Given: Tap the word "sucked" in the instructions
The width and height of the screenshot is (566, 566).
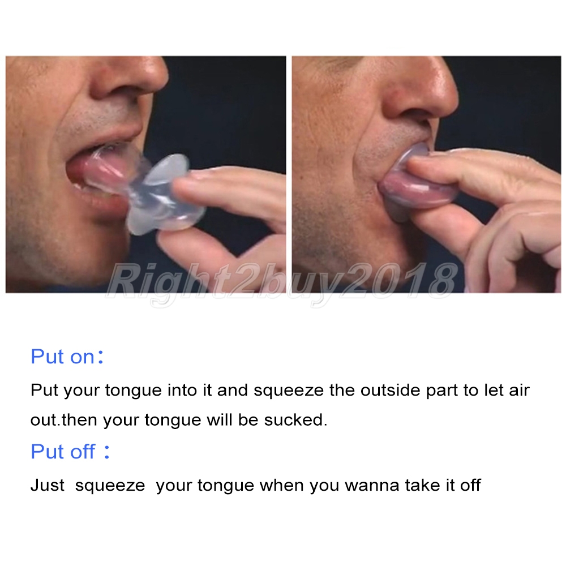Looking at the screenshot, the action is coord(295,420).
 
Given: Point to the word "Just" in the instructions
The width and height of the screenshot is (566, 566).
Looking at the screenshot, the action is coord(48,485).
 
